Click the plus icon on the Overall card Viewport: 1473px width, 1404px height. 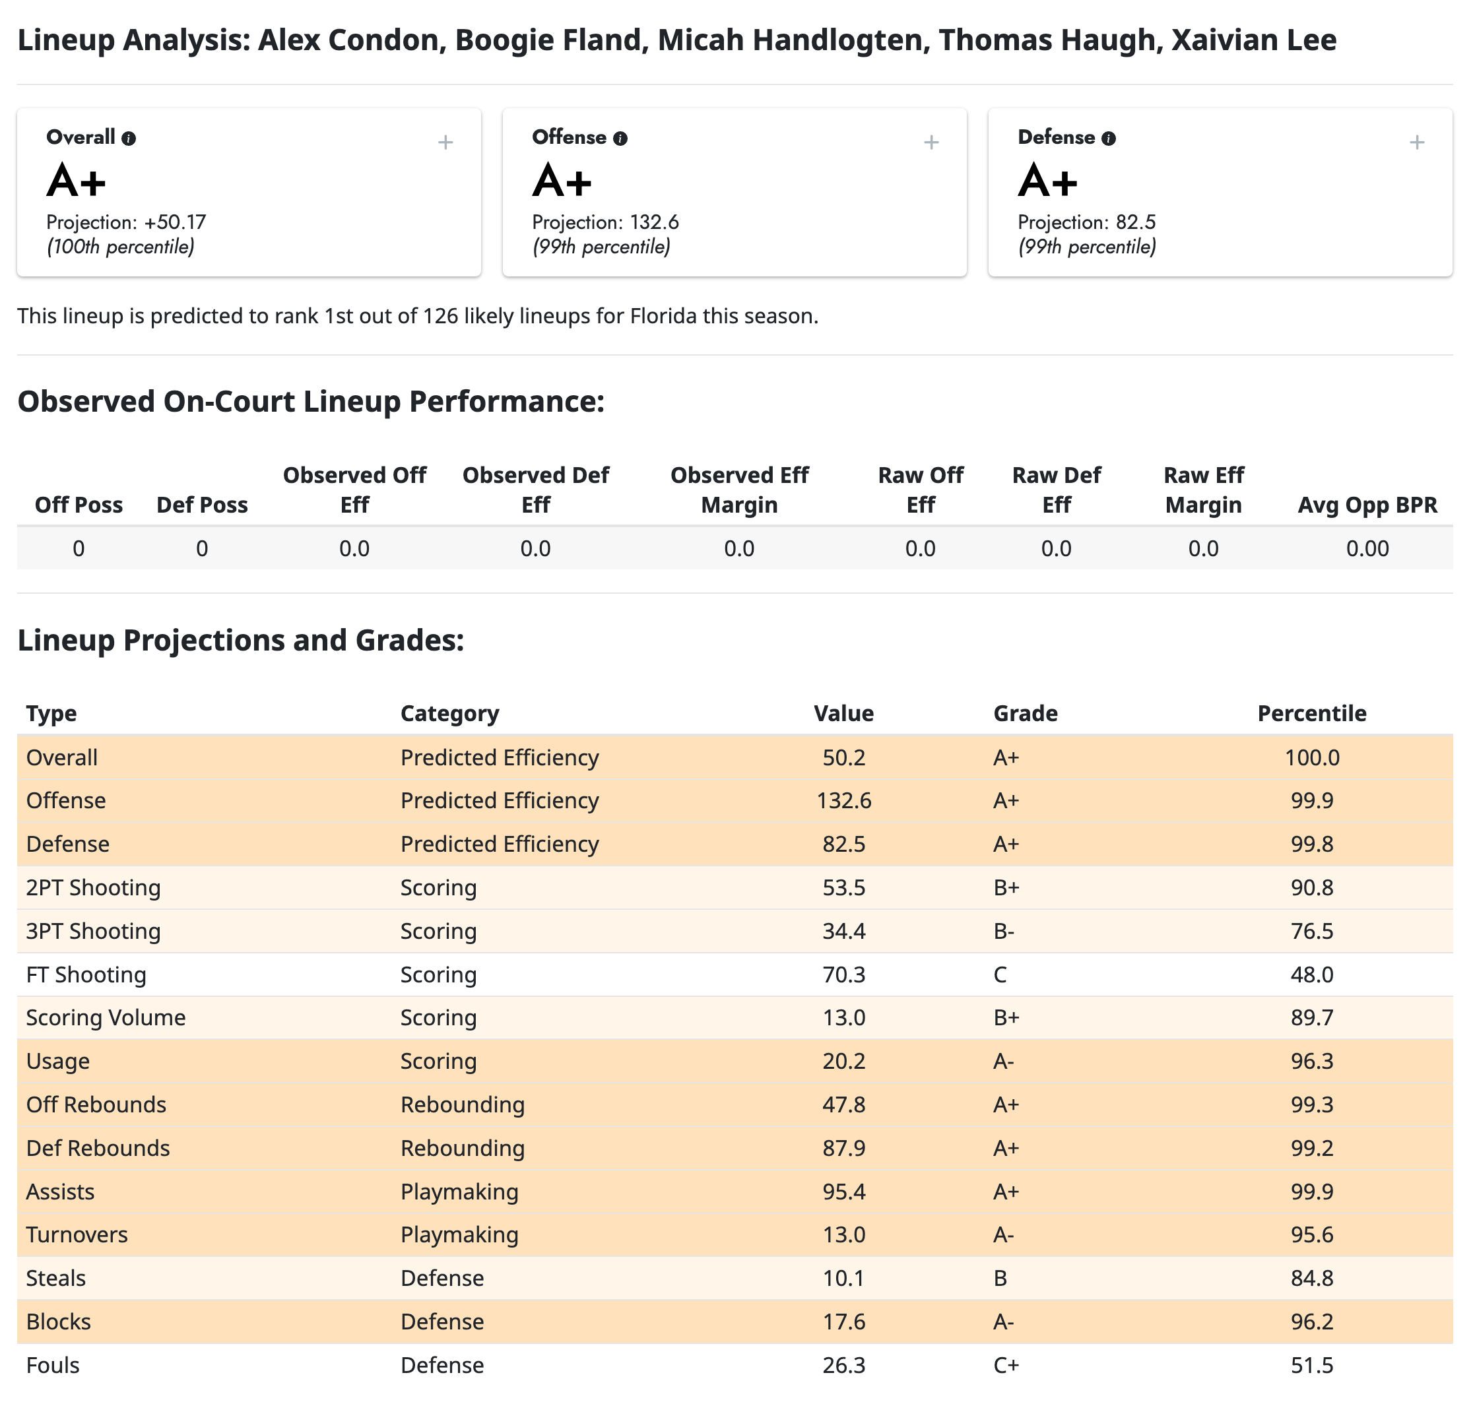point(445,143)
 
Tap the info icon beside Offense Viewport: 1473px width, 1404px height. point(620,139)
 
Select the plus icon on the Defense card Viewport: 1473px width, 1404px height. point(1416,143)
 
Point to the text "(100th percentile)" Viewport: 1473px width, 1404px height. point(121,247)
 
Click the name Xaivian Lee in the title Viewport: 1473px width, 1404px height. point(1254,40)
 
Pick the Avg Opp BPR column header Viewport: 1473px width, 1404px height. point(1367,505)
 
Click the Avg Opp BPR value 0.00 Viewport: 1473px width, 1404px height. point(1367,548)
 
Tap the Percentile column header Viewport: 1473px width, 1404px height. point(1311,713)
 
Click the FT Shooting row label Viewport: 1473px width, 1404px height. point(86,974)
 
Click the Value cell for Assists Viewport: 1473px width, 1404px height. point(843,1192)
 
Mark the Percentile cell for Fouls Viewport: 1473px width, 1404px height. point(1311,1365)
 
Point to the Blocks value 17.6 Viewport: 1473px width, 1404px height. point(843,1322)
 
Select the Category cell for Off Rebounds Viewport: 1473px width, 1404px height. point(462,1104)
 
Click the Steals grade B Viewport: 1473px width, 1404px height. point(1000,1278)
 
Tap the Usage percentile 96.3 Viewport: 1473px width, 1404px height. point(1311,1061)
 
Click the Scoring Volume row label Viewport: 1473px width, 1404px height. point(106,1018)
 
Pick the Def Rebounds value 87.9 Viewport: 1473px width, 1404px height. point(843,1148)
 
